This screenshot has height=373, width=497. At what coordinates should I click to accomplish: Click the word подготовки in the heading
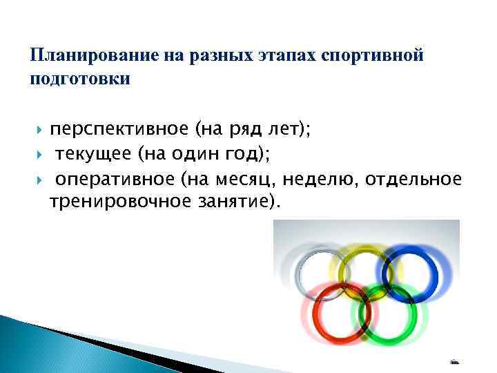(x=80, y=79)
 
